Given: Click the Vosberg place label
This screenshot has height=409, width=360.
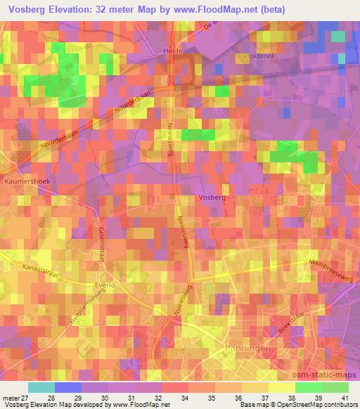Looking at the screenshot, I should pos(212,199).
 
